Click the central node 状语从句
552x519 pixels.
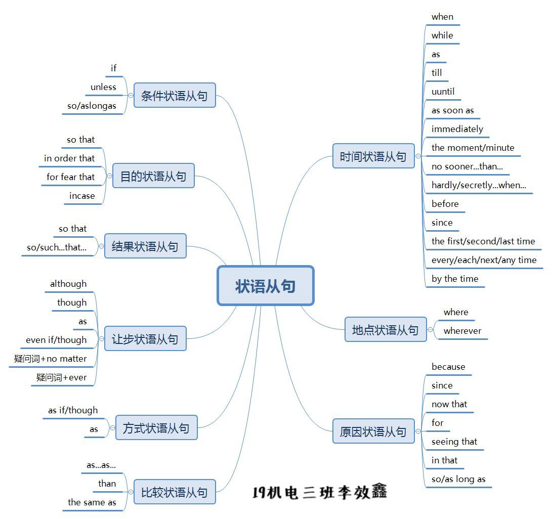click(266, 286)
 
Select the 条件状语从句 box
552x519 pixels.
click(175, 96)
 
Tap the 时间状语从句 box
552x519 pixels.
click(373, 156)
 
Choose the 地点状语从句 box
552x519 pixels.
click(385, 330)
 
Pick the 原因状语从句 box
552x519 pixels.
click(373, 431)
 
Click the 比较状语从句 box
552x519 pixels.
click(175, 492)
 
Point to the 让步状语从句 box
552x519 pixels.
click(145, 338)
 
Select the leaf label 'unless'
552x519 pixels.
click(103, 87)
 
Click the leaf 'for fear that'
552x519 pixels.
click(71, 177)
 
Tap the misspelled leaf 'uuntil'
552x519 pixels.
click(443, 92)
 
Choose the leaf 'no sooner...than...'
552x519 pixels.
click(467, 166)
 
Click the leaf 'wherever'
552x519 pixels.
click(462, 331)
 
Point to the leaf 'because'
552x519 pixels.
click(448, 367)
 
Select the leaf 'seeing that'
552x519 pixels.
click(454, 442)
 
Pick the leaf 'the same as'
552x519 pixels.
click(92, 502)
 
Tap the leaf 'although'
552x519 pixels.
click(68, 284)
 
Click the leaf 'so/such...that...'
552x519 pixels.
click(57, 247)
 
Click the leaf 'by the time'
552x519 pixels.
click(455, 279)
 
